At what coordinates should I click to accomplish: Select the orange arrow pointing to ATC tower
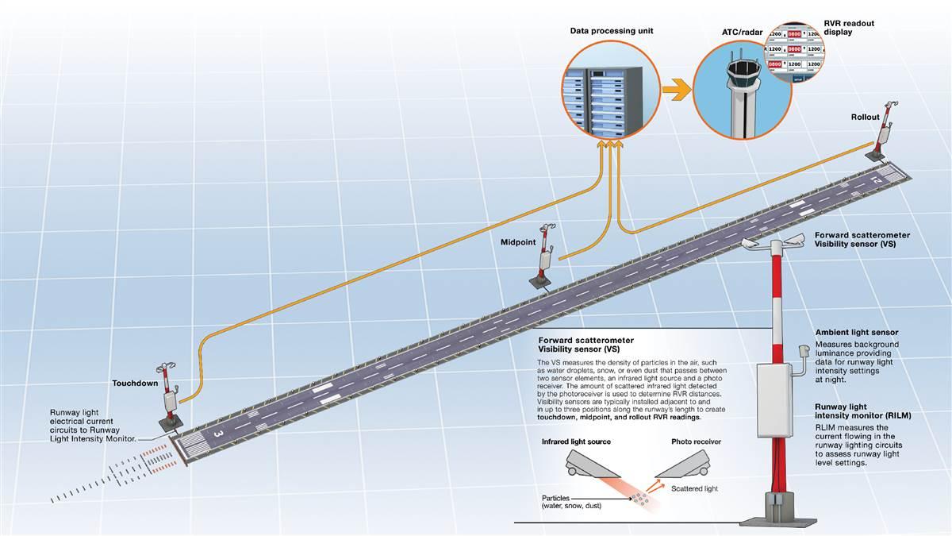(x=674, y=89)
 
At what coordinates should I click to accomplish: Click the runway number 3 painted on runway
(x=217, y=434)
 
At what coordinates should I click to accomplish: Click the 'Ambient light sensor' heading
(x=857, y=332)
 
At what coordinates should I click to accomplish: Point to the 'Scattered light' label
(x=694, y=488)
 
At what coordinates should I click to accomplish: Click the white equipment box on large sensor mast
(x=775, y=397)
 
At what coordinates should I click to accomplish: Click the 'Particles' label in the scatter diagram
(x=559, y=499)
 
